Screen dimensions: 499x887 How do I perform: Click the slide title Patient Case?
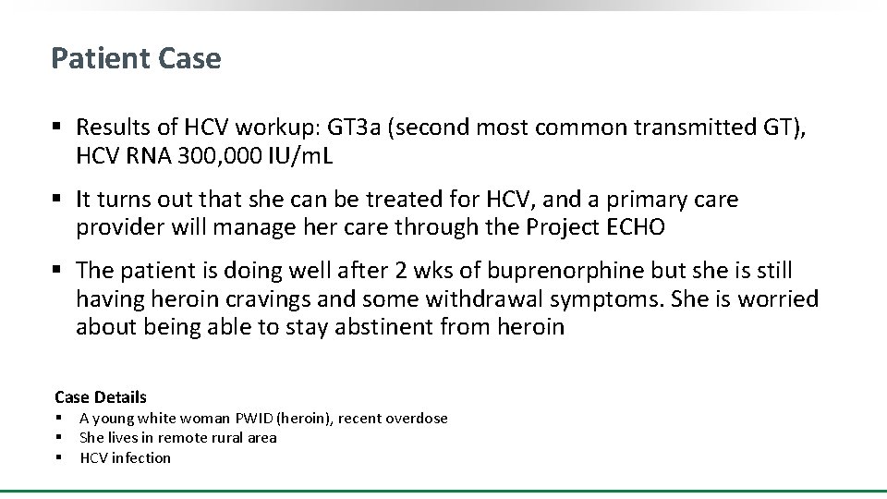tap(136, 58)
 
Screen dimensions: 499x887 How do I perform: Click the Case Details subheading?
tap(101, 397)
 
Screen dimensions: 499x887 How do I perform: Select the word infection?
tap(140, 457)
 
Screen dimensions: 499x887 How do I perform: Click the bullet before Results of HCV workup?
tap(57, 128)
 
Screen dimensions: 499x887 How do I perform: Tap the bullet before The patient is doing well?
tap(57, 271)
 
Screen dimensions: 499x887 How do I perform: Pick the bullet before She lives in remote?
tap(58, 438)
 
